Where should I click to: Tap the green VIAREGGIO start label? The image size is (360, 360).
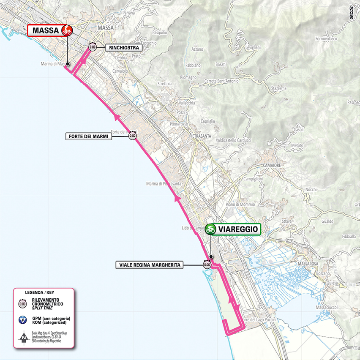coord(233,229)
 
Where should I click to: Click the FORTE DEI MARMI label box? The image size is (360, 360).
coord(89,136)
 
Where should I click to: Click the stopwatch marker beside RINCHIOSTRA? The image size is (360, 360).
coord(93,47)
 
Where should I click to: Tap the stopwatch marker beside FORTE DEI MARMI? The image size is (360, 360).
coord(132,136)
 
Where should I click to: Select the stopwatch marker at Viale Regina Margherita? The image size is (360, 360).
coord(207,265)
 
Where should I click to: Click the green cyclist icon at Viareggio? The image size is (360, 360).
coord(210,229)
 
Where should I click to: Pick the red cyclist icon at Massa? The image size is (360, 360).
coord(66,30)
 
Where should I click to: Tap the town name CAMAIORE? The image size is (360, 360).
coord(272,165)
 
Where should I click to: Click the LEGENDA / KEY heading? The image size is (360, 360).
coord(40,292)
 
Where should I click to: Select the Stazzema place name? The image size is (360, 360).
coord(279,88)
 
